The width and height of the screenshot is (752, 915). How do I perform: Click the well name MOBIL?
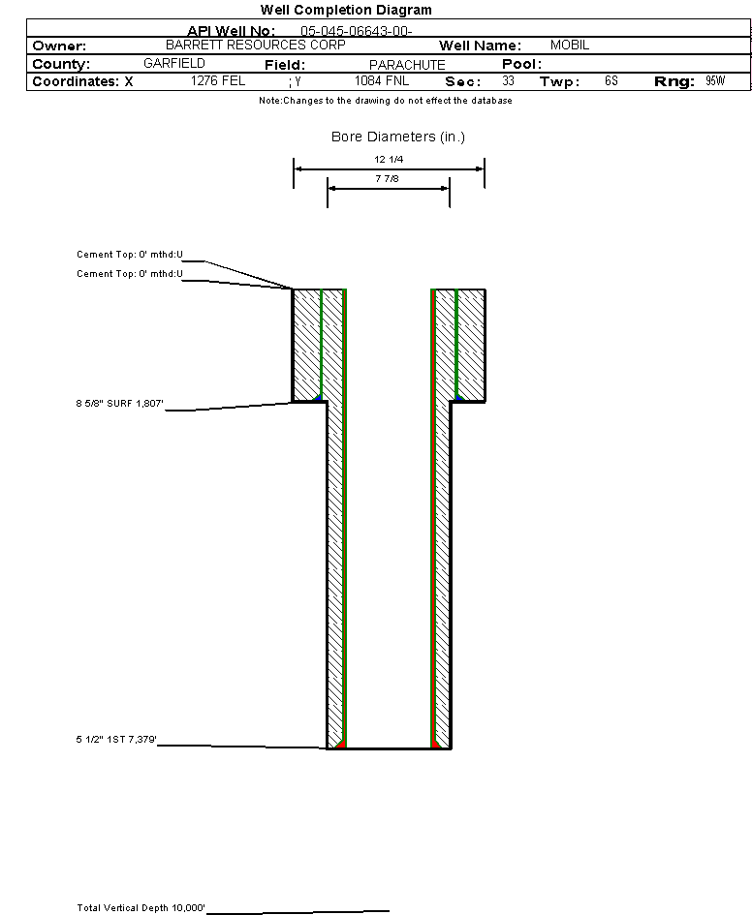point(570,46)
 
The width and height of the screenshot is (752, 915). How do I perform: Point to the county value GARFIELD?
point(173,64)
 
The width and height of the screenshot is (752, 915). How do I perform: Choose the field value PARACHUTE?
point(407,65)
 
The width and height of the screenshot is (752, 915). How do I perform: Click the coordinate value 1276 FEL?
point(218,81)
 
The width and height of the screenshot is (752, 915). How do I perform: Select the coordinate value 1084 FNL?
point(383,81)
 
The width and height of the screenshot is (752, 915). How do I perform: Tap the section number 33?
point(509,81)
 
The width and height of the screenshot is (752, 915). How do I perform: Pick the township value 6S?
point(611,81)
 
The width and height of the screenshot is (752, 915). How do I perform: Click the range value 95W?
point(715,81)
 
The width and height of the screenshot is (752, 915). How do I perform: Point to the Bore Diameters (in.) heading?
point(398,137)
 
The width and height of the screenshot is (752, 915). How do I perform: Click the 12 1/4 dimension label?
point(389,159)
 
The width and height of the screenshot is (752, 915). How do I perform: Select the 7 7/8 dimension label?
point(389,179)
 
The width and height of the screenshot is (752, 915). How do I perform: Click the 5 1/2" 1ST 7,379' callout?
point(116,741)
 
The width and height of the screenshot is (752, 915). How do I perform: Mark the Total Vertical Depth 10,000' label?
point(141,908)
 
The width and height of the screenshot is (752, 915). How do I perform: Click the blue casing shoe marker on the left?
point(318,398)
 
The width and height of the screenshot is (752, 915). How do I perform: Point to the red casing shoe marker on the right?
point(435,745)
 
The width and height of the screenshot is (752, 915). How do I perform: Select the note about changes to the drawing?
point(385,101)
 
